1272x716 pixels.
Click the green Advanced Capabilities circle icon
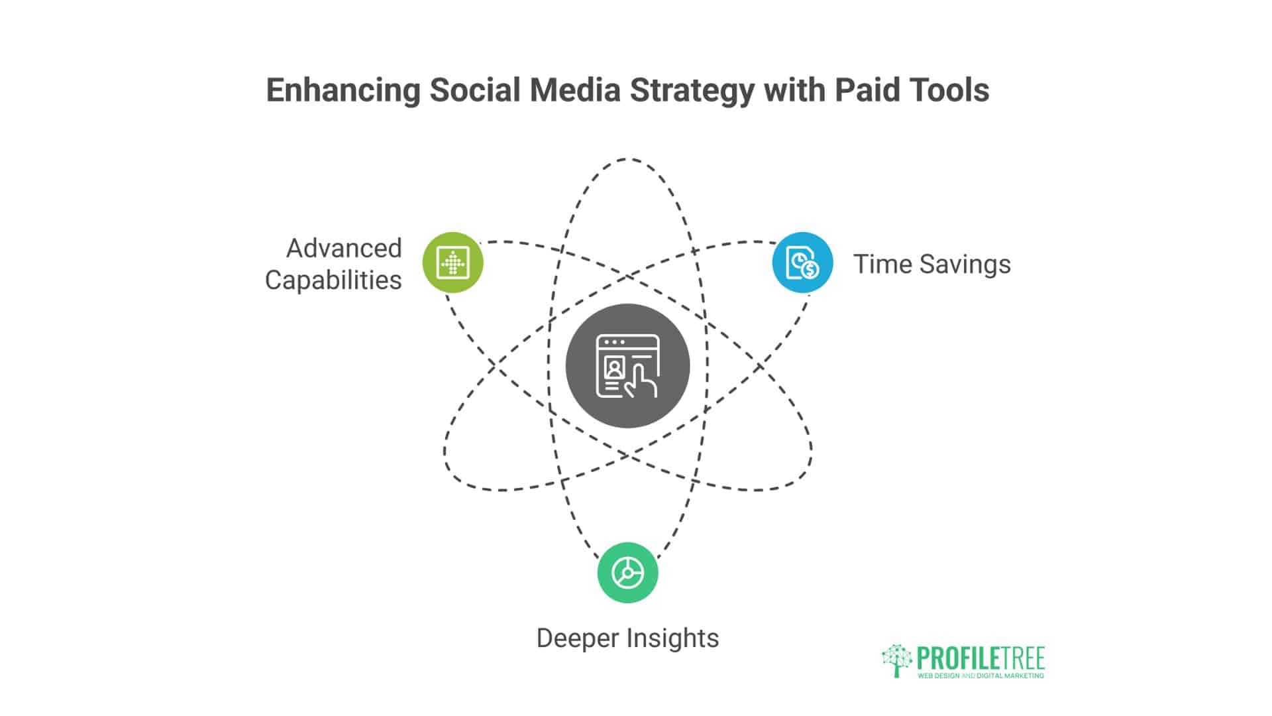click(x=453, y=263)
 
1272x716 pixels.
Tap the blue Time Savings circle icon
click(x=802, y=263)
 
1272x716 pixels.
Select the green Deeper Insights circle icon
click(x=627, y=573)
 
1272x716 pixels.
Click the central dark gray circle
click(x=627, y=366)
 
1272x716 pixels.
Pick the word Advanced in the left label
click(x=344, y=249)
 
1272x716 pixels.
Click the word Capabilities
click(x=333, y=280)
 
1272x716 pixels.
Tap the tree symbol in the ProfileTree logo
click(x=896, y=660)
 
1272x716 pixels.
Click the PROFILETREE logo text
click(x=980, y=658)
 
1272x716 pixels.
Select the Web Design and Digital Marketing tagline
click(x=980, y=676)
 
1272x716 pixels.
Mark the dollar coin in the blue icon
click(x=810, y=269)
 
